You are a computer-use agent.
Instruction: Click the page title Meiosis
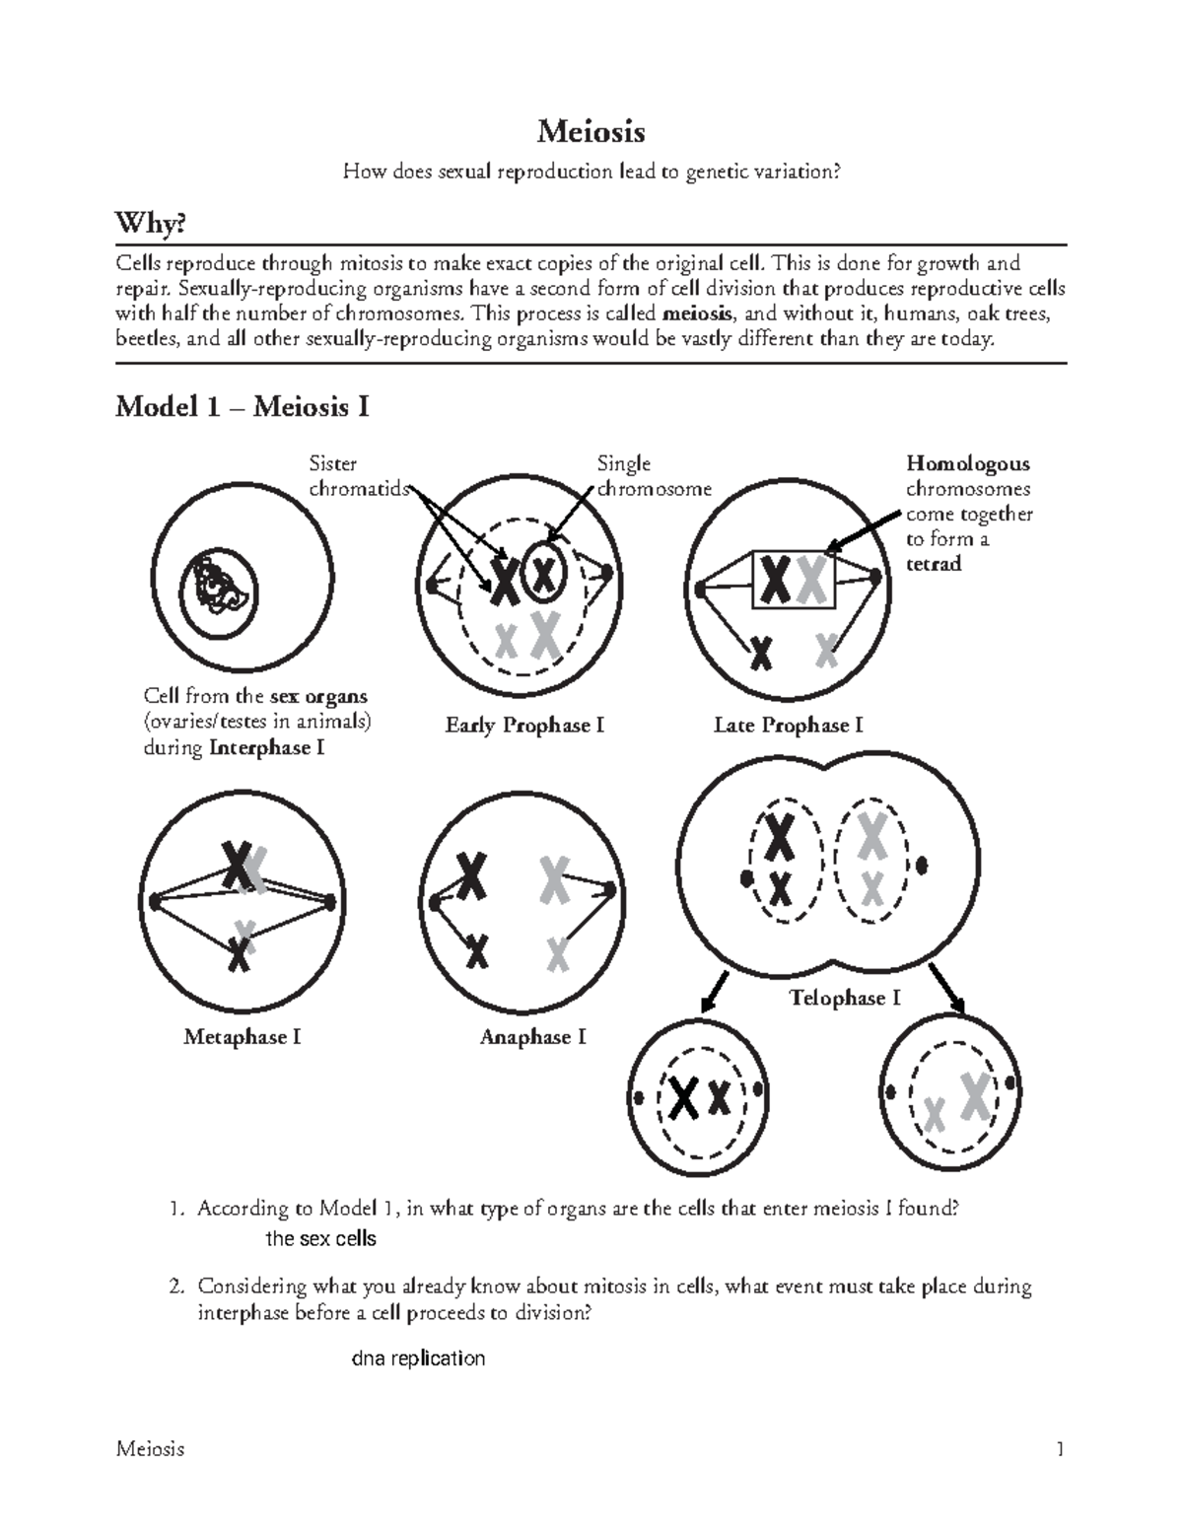pos(591,131)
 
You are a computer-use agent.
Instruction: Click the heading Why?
pos(150,225)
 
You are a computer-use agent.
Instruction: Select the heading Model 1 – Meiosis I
pos(242,407)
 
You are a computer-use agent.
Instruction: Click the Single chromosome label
pos(652,476)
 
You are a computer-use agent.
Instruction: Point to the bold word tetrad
pos(933,564)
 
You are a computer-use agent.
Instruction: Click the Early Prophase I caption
pos(524,726)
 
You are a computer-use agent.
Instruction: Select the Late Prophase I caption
pos(788,726)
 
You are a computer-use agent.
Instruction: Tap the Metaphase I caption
pos(242,1037)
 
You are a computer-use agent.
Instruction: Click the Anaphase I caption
pos(532,1037)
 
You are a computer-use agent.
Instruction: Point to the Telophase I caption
pos(845,999)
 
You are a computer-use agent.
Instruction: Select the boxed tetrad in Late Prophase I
pos(795,580)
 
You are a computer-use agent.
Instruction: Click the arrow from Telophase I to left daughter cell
pos(714,990)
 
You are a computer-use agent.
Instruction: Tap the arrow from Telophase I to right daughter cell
pos(947,988)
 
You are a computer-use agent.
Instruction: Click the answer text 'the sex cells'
pos(321,1239)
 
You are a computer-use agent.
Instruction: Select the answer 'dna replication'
pos(418,1358)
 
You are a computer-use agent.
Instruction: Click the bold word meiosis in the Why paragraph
pos(698,314)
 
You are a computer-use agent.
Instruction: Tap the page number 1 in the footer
pos(1060,1449)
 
